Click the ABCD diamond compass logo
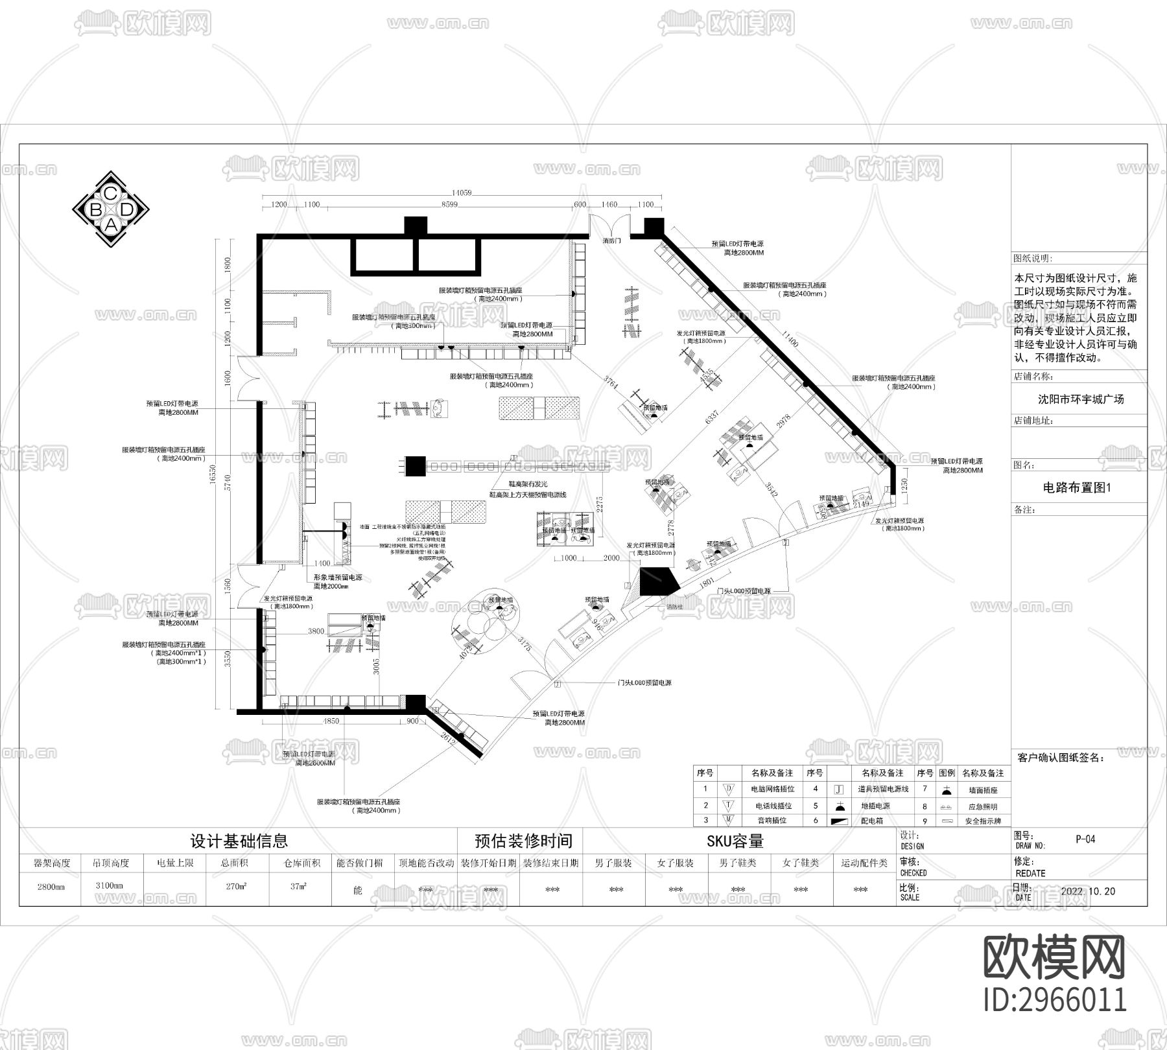[x=111, y=209]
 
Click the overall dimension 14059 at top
[x=462, y=192]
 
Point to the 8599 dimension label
[x=449, y=204]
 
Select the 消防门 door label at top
[x=611, y=240]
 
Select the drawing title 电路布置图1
[x=1076, y=488]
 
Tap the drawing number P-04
[x=1085, y=839]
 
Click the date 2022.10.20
[x=1088, y=891]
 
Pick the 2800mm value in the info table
[x=51, y=886]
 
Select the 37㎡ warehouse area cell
[x=298, y=886]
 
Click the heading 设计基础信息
[x=239, y=841]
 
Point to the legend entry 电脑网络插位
[x=772, y=789]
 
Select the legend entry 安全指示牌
[x=983, y=821]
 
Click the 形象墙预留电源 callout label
[x=338, y=577]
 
